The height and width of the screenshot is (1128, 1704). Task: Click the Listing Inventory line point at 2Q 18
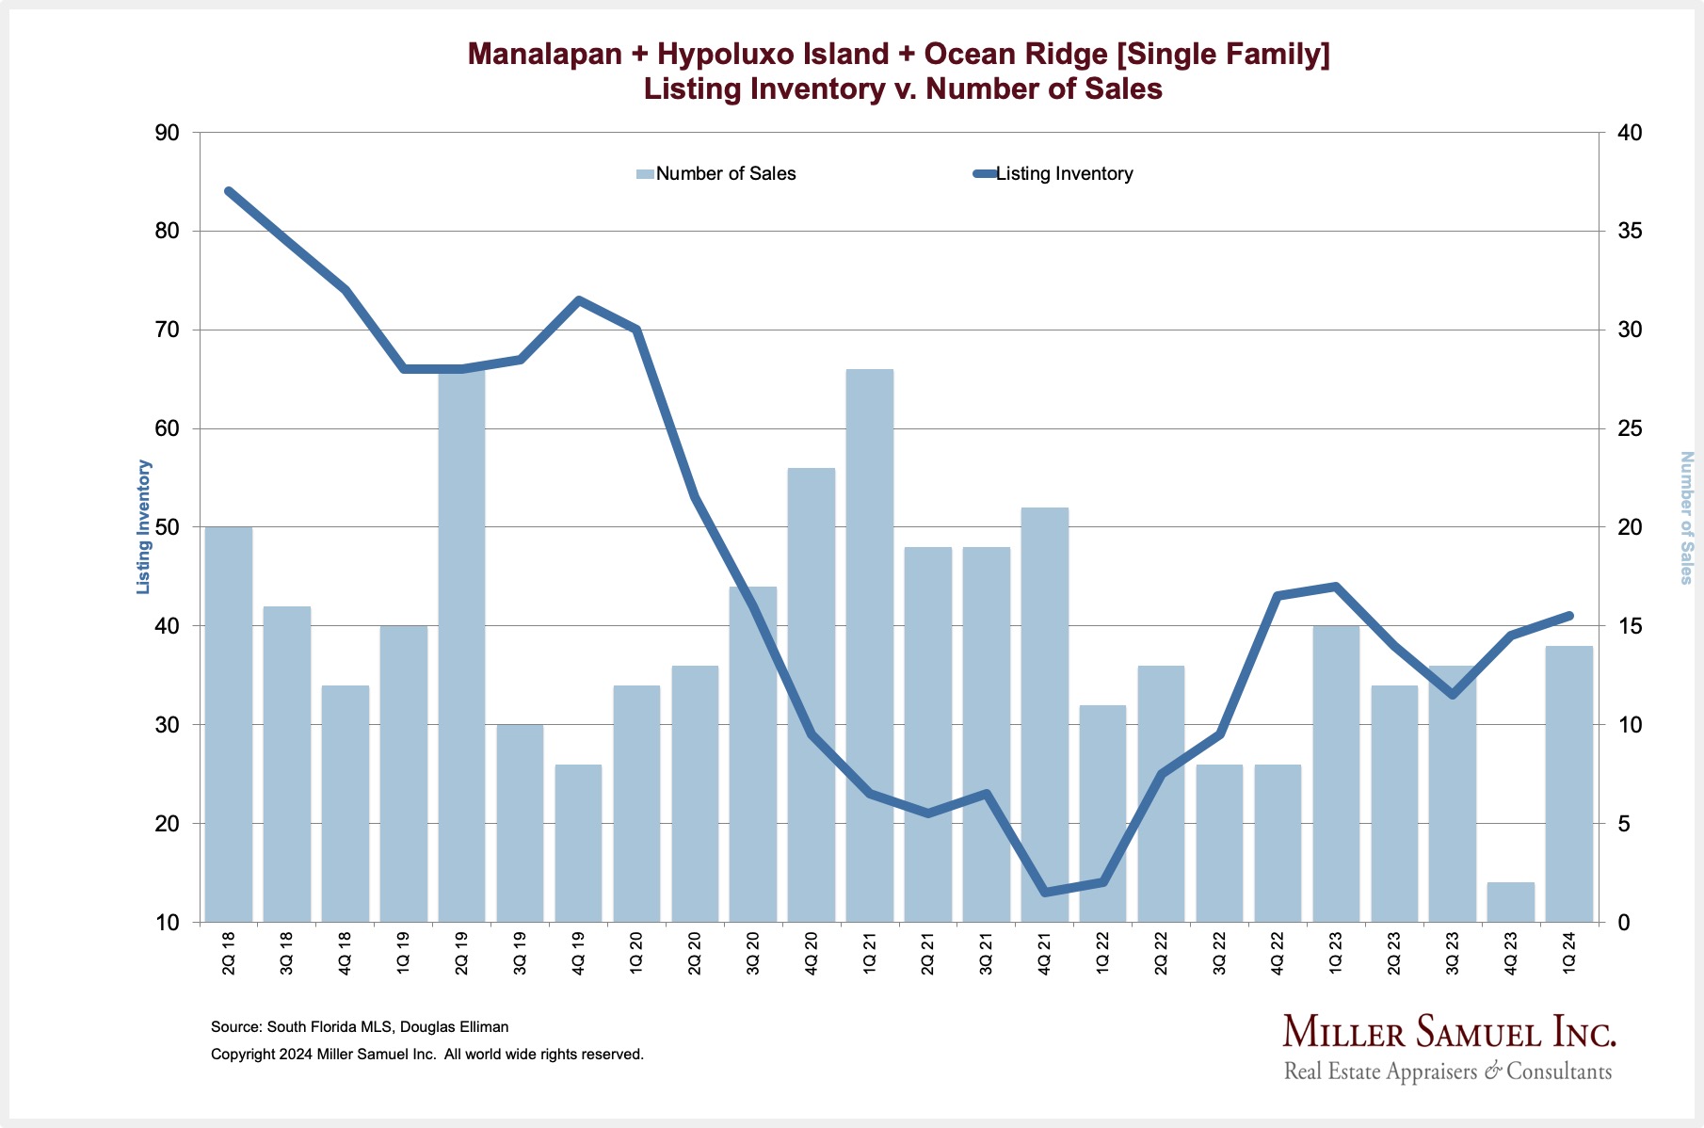(229, 191)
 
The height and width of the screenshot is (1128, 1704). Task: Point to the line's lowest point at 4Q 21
(1044, 892)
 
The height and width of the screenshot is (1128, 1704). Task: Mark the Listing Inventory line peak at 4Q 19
(578, 300)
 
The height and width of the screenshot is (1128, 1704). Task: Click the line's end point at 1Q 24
(1568, 616)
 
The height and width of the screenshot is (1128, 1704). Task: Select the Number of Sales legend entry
(716, 174)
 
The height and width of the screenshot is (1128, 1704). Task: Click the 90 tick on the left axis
(167, 133)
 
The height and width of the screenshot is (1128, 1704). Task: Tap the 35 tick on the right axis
(1629, 232)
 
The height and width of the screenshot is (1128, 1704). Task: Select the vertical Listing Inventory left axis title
(144, 526)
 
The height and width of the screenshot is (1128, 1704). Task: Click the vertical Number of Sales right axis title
(1686, 517)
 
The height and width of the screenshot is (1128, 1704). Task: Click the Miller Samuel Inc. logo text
(1449, 1032)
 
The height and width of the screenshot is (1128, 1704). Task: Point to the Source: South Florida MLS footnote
(360, 1027)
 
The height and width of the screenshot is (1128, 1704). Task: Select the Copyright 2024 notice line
(427, 1055)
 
